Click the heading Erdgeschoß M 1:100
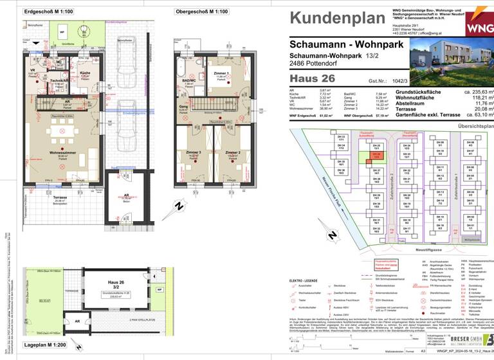point(49,12)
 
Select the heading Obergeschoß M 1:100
point(201,12)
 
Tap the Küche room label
point(84,73)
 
